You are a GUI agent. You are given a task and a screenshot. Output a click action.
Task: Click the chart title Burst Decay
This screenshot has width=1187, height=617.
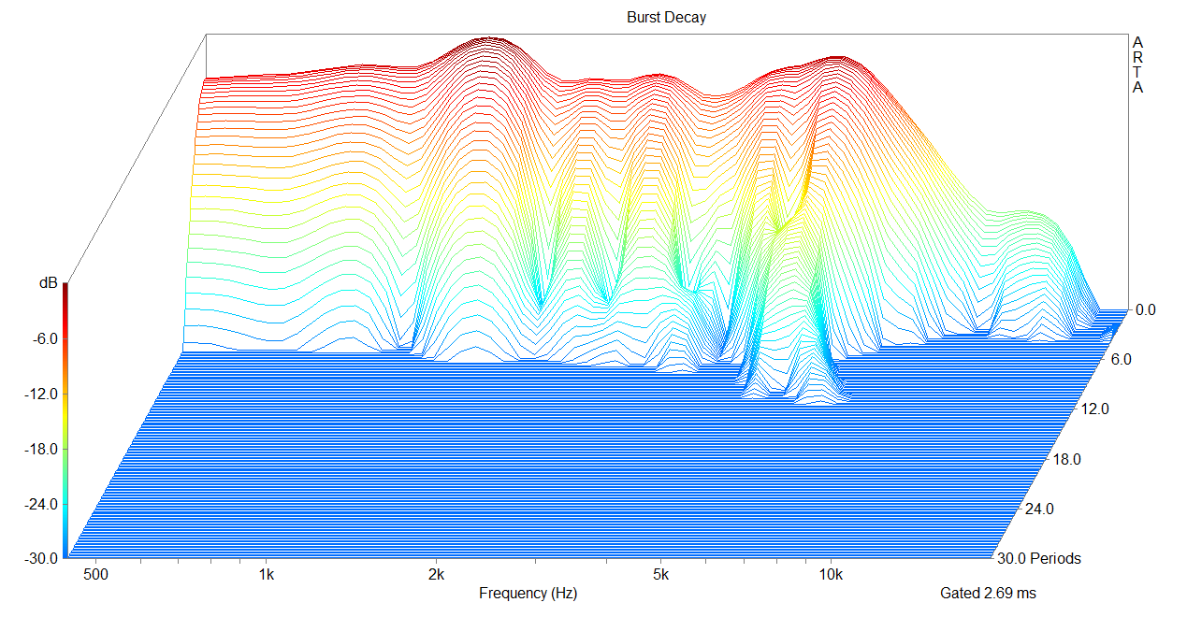pos(666,18)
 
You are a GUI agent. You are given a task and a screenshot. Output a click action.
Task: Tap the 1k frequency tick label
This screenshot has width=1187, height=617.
pos(267,573)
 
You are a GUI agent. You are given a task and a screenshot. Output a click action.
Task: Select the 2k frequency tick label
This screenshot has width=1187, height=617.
pos(435,573)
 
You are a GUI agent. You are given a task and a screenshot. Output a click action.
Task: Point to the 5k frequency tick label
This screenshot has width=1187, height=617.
pos(661,573)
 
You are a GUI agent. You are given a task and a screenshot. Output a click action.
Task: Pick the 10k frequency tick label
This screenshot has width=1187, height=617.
pos(831,573)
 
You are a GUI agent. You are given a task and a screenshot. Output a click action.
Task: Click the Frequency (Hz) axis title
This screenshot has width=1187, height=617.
pos(528,593)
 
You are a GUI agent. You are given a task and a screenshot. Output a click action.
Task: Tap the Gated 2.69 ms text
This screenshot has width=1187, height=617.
pos(988,593)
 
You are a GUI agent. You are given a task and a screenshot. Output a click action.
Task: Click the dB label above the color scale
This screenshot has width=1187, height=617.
pos(48,282)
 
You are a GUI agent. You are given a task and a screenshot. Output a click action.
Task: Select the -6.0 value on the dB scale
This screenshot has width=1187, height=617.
pos(43,338)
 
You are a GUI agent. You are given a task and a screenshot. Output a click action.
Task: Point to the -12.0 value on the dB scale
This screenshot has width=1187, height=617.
pos(40,394)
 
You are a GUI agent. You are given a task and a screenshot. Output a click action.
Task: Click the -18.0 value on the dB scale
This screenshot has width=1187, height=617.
pos(40,449)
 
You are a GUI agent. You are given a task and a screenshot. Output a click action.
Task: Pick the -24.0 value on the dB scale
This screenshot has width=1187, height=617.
pos(40,504)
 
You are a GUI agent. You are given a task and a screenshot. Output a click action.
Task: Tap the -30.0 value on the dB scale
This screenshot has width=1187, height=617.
pos(40,558)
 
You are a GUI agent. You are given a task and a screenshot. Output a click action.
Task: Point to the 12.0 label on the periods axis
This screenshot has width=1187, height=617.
pos(1093,409)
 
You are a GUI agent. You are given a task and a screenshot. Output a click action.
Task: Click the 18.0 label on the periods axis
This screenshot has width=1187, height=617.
pos(1066,459)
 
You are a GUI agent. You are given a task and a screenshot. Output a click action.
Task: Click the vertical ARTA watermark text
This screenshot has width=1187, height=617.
pos(1137,65)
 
